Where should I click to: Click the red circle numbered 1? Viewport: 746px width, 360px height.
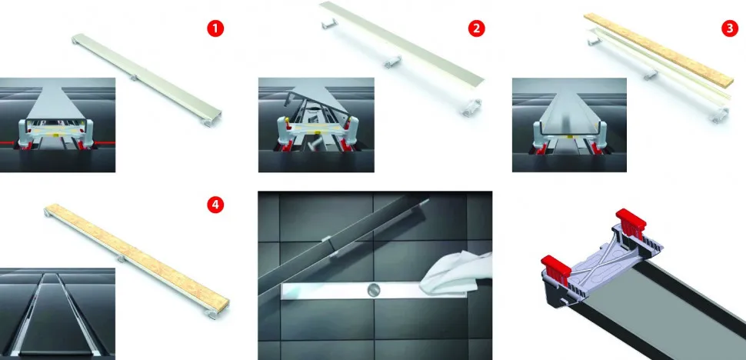click(215, 28)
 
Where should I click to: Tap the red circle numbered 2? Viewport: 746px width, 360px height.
click(476, 28)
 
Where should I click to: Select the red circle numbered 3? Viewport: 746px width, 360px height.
click(730, 28)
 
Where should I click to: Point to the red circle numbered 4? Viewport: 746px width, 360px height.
click(215, 205)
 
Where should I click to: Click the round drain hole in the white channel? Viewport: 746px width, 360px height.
click(372, 288)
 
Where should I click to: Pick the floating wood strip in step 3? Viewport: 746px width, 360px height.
click(658, 48)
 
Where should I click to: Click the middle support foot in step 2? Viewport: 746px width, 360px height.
click(392, 62)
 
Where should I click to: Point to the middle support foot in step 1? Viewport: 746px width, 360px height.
click(134, 77)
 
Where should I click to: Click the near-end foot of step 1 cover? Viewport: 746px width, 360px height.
click(208, 122)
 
